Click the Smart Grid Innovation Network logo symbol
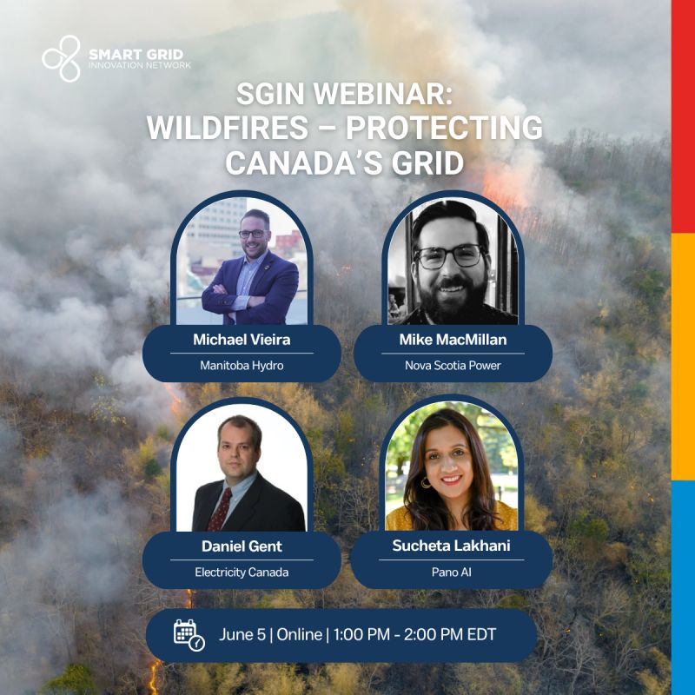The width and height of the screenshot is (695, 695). (x=62, y=58)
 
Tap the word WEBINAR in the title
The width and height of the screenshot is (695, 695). (x=382, y=94)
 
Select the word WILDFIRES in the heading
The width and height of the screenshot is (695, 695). (x=228, y=128)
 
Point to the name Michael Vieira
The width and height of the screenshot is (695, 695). (x=242, y=340)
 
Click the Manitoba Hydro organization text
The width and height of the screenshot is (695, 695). (x=242, y=366)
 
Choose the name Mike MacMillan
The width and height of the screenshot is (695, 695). (x=453, y=340)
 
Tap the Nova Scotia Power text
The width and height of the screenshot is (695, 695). (x=453, y=366)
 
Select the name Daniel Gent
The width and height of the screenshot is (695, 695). (x=242, y=546)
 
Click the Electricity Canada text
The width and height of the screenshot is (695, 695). (x=242, y=573)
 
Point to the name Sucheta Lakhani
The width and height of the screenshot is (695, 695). (x=451, y=546)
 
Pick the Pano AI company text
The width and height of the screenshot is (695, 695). (x=451, y=573)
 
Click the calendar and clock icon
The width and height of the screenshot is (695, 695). (x=189, y=635)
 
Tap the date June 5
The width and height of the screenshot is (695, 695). (x=242, y=635)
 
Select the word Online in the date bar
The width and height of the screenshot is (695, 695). (x=299, y=635)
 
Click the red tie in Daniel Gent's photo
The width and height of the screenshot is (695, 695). (x=221, y=510)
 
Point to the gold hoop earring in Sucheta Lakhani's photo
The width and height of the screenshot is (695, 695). (x=427, y=482)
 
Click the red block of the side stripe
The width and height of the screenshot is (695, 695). (x=683, y=116)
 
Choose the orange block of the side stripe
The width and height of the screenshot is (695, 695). (x=683, y=356)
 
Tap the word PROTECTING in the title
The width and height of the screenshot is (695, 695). (x=444, y=128)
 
